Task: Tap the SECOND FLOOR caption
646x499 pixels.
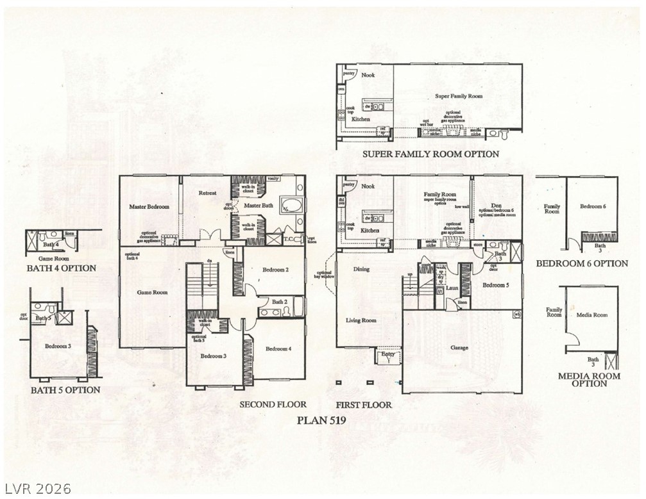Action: coord(273,405)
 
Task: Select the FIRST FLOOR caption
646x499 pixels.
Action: coord(363,405)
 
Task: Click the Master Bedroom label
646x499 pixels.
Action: coord(149,207)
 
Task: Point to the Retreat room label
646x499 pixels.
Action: coord(207,193)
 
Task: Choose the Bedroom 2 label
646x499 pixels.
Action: coord(275,270)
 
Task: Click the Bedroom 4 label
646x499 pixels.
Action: coord(278,348)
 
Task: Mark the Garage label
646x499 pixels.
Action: coord(459,348)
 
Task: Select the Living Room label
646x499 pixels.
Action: coord(361,320)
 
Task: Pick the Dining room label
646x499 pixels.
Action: coord(361,269)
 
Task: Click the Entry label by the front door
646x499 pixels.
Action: coord(388,354)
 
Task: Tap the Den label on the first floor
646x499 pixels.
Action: coord(496,206)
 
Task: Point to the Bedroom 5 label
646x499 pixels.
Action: coord(495,285)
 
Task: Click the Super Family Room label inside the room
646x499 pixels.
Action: coord(459,96)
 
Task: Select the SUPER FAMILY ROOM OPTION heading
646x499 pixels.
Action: coord(430,154)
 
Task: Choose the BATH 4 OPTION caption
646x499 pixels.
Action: coord(62,268)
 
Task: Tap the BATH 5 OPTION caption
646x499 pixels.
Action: coord(65,389)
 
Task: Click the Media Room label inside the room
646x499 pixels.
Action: coord(591,315)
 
